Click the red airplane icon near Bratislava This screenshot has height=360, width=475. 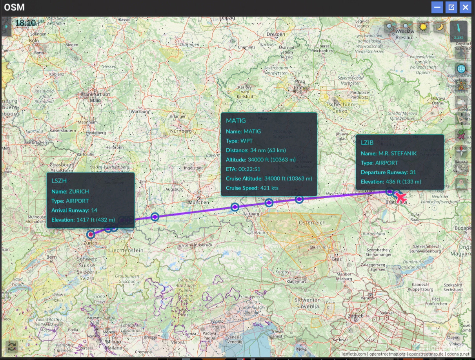click(400, 197)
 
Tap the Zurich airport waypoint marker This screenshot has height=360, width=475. click(91, 234)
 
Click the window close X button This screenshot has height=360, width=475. click(465, 7)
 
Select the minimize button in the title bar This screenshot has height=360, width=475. click(437, 7)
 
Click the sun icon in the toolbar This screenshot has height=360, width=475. click(423, 27)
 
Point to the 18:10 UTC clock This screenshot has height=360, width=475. click(25, 23)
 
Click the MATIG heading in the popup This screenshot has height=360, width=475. click(236, 121)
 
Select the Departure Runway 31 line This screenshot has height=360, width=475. click(388, 172)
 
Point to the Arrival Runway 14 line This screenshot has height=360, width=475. click(74, 210)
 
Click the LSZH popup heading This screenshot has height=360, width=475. click(59, 181)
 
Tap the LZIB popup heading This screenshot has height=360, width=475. click(368, 143)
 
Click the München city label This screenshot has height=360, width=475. click(199, 202)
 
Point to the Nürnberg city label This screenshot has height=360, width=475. click(181, 131)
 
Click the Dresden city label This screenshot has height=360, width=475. click(275, 34)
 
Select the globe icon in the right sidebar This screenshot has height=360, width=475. click(461, 69)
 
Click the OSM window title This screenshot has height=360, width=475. click(14, 7)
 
